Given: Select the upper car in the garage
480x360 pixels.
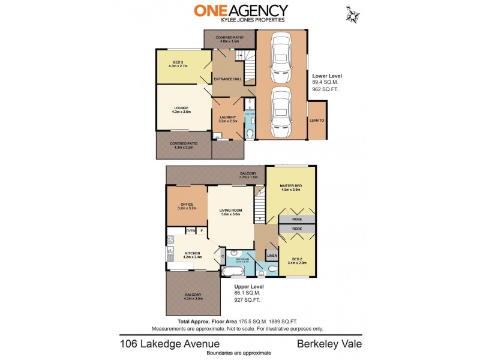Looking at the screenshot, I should coord(281,58).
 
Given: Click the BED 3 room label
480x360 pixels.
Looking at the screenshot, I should coord(178,62).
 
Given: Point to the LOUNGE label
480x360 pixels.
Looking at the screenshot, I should coord(181,108).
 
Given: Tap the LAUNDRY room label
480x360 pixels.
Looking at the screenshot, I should coord(227,118).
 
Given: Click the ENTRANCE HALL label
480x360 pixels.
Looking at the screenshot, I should coord(229,79).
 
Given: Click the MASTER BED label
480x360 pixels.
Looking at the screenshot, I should coord(290,187).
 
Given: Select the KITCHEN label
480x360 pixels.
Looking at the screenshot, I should coord(193,254).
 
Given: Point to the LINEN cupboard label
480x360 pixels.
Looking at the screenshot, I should coord(271,256).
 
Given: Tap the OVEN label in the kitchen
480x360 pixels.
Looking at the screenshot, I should coord(191,230).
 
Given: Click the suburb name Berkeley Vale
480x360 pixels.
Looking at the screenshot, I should coord(329,344).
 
